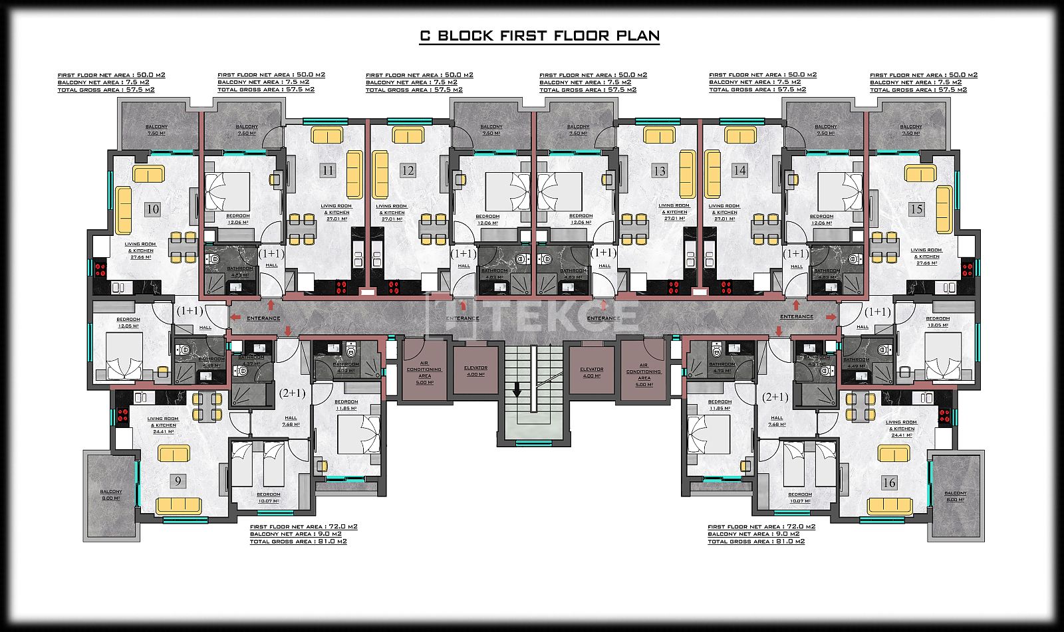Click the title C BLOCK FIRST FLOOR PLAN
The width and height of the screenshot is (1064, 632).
click(x=539, y=36)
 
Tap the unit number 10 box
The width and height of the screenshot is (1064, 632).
click(x=153, y=209)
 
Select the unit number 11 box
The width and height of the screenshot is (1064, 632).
click(x=328, y=171)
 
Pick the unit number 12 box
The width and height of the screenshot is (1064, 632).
click(x=408, y=171)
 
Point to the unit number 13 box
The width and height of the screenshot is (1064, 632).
click(x=659, y=171)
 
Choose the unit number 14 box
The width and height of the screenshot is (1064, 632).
click(x=739, y=171)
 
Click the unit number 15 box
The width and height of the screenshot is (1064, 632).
click(x=916, y=209)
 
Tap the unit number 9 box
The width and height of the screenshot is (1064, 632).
click(x=178, y=481)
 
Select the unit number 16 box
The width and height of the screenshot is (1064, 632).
click(x=889, y=482)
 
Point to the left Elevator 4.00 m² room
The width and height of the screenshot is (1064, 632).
click(x=475, y=371)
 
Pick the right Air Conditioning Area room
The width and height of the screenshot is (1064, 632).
click(x=644, y=371)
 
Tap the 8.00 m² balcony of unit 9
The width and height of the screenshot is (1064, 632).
click(x=111, y=495)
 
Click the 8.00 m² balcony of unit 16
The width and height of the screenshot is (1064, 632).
click(x=956, y=496)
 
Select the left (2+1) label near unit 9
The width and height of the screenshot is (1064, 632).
click(x=292, y=393)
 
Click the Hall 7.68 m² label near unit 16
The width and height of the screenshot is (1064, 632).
click(x=777, y=421)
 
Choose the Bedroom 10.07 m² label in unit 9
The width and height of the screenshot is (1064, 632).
click(x=269, y=497)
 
